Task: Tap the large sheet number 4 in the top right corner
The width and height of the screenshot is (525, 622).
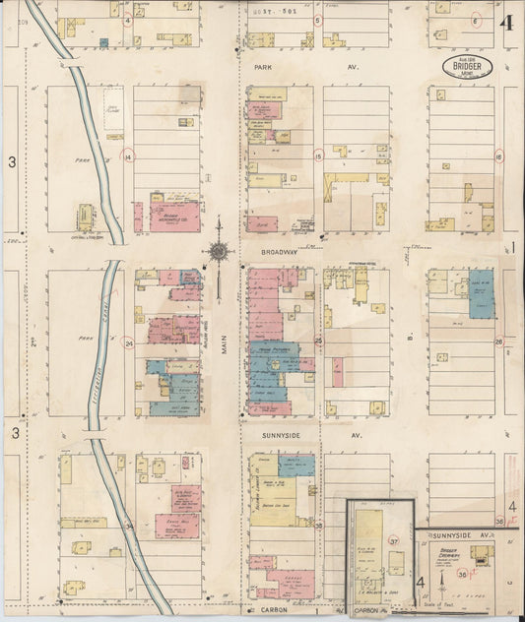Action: pyautogui.click(x=506, y=25)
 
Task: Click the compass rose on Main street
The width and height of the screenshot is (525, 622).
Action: pyautogui.click(x=218, y=253)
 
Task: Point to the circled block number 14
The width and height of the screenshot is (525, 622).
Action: pyautogui.click(x=127, y=155)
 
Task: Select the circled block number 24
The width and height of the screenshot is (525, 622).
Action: pyautogui.click(x=128, y=343)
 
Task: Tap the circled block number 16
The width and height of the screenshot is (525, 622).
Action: pyautogui.click(x=499, y=156)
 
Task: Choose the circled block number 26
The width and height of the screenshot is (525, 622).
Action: pyautogui.click(x=498, y=342)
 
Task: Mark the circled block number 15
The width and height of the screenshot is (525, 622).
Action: pyautogui.click(x=318, y=155)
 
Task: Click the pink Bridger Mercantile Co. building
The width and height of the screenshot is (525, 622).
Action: pyautogui.click(x=174, y=216)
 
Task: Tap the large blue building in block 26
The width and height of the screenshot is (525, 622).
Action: pyautogui.click(x=481, y=293)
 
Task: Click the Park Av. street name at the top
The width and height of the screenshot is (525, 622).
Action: pyautogui.click(x=264, y=67)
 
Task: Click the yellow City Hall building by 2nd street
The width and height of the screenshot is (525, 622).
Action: pyautogui.click(x=86, y=217)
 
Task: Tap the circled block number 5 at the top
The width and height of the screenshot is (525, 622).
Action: pyautogui.click(x=317, y=19)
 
